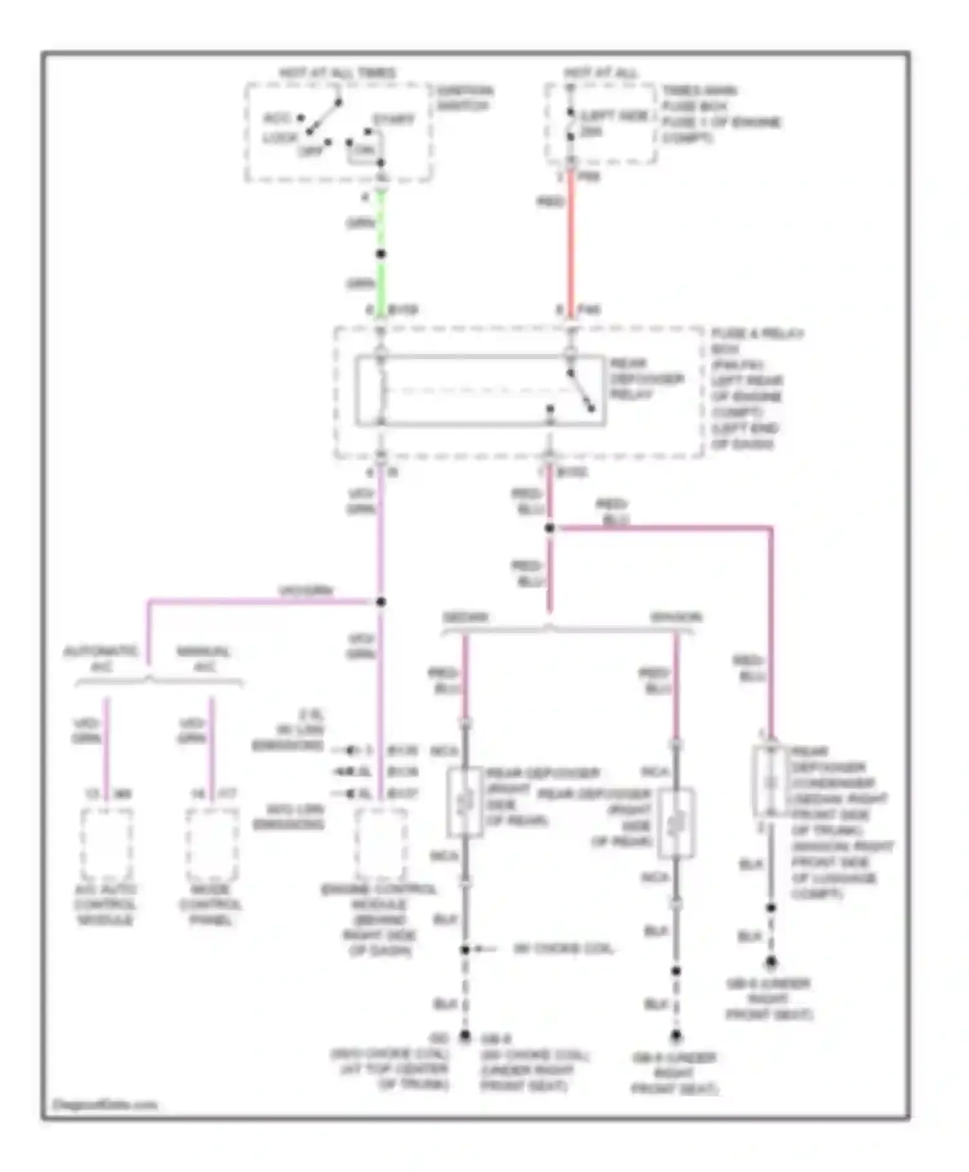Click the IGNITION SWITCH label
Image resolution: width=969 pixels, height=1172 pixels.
click(464, 98)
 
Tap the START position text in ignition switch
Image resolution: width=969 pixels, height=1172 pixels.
click(393, 120)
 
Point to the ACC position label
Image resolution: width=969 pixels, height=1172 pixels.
click(276, 118)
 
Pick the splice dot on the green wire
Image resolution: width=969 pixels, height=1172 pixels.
click(381, 254)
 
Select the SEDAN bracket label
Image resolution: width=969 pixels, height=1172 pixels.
click(465, 618)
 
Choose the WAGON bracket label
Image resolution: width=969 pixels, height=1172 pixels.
click(676, 618)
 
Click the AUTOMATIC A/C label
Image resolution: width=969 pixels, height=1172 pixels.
click(101, 658)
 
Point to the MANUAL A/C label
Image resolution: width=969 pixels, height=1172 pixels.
click(203, 658)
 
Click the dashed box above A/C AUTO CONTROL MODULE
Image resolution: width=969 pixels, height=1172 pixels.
click(107, 844)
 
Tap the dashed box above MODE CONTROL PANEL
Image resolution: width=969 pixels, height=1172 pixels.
click(212, 844)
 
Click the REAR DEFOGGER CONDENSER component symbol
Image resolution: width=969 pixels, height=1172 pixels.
click(770, 782)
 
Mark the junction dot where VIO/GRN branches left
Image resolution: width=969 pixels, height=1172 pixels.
click(381, 602)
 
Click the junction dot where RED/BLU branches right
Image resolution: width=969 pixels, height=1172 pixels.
click(550, 528)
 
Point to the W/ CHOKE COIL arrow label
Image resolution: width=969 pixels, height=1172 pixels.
click(562, 949)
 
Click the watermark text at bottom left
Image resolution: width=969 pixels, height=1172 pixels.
click(105, 1104)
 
